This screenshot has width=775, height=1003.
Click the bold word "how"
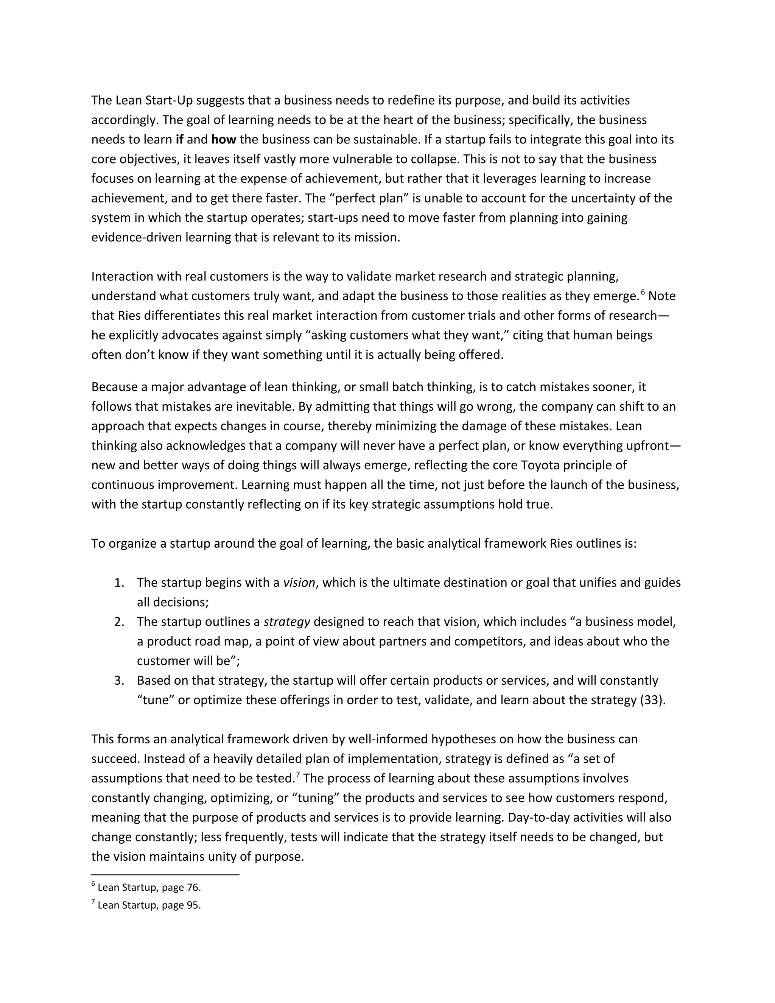coord(223,139)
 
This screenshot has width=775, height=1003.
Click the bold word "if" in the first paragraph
coord(179,139)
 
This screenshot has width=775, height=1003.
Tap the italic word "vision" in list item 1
coord(299,582)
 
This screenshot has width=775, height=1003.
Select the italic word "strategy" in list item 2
coord(286,621)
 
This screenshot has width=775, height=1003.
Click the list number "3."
coord(119,680)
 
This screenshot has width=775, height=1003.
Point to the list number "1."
coord(119,582)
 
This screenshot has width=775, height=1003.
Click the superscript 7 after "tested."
coord(297,775)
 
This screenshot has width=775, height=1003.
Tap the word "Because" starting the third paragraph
coord(113,387)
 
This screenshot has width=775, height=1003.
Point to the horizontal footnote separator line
coord(165,875)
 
